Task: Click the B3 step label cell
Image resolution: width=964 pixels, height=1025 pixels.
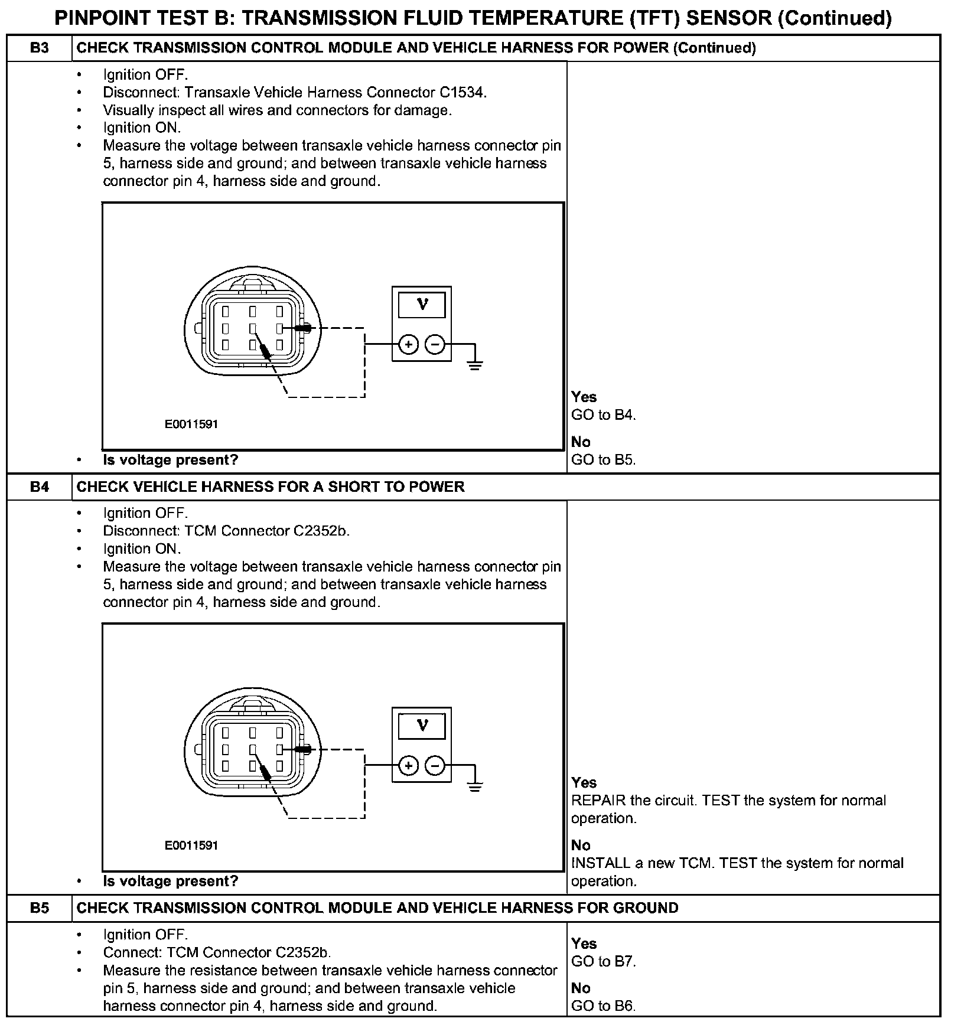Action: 39,48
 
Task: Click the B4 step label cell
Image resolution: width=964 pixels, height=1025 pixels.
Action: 39,487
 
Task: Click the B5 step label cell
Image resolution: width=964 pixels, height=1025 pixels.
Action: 39,908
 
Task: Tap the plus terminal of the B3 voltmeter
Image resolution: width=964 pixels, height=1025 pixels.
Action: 408,344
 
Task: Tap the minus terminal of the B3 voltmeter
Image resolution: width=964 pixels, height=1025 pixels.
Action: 435,344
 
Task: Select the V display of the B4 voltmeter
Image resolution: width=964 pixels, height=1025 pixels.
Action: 422,726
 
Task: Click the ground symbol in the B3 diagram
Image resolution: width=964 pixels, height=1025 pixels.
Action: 475,364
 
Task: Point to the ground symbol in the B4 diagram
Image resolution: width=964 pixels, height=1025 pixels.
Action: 475,786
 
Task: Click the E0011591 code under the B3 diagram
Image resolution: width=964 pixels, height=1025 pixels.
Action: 191,424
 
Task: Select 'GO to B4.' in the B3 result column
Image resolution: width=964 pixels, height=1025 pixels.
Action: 603,415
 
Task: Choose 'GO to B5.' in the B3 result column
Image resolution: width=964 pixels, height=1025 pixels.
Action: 603,460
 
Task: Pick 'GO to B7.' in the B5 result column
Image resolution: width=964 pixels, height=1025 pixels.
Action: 603,961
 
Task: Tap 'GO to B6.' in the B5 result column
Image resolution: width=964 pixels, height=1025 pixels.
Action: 603,1006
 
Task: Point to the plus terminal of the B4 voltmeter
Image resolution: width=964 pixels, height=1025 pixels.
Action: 408,766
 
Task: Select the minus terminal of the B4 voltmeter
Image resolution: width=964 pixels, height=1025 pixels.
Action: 435,766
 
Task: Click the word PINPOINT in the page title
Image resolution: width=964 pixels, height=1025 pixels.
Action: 100,18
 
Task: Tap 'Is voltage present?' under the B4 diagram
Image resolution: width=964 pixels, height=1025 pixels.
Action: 170,881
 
